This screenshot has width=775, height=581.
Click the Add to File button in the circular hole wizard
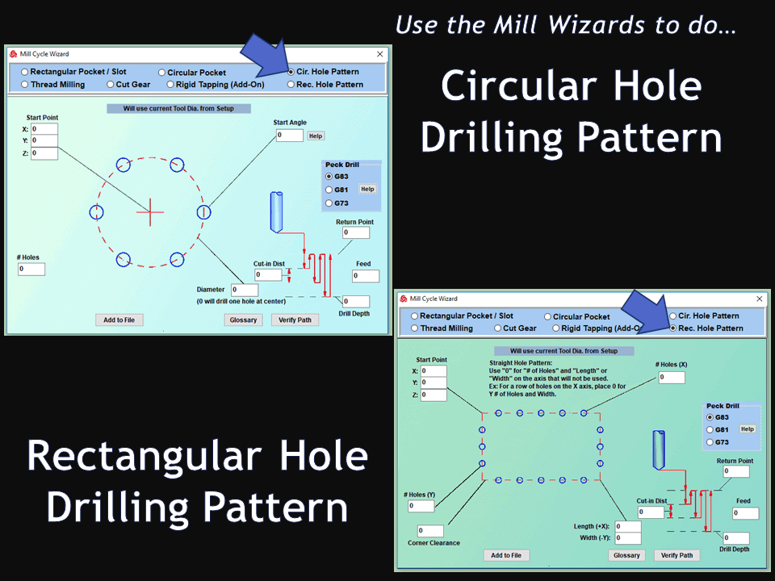(119, 320)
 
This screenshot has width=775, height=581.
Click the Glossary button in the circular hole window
(243, 320)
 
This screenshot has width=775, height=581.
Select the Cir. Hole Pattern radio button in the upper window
(291, 72)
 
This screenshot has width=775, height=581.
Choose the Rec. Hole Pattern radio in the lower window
(672, 328)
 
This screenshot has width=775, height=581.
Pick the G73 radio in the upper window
(329, 203)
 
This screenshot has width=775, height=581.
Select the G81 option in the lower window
(710, 430)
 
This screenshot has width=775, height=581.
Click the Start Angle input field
(290, 136)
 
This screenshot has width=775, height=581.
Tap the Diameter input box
(245, 290)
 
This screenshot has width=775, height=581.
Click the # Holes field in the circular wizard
(31, 270)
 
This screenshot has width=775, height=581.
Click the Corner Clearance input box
(430, 531)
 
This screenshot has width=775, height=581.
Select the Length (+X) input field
(628, 527)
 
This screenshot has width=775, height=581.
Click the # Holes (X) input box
(672, 378)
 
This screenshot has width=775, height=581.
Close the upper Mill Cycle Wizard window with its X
(379, 54)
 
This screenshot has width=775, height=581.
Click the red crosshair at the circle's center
(150, 212)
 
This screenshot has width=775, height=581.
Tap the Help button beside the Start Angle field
(316, 136)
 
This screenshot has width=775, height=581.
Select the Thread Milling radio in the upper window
(25, 85)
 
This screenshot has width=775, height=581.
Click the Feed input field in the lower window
(745, 514)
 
